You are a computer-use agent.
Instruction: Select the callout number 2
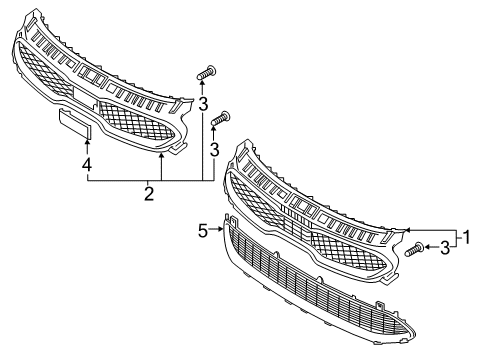(148, 193)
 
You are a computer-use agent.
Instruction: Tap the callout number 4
(88, 163)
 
